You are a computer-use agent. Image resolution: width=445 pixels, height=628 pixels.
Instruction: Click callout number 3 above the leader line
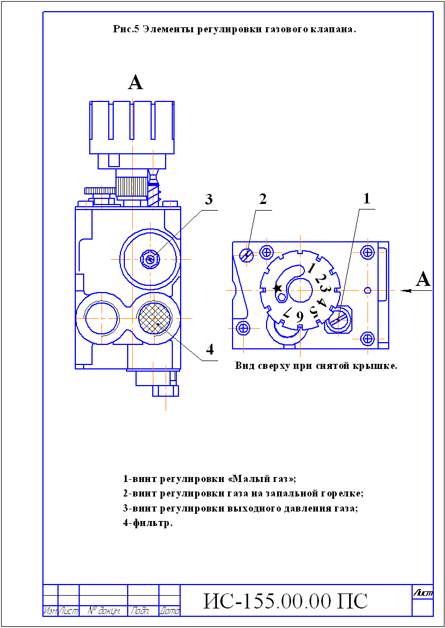tap(209, 200)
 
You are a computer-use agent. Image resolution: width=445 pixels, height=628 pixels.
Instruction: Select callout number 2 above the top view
tap(263, 199)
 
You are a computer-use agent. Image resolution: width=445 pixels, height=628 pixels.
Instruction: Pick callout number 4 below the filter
tap(210, 349)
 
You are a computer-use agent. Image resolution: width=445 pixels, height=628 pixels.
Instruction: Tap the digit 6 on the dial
tap(299, 317)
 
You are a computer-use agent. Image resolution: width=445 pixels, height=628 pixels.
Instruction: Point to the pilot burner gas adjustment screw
tap(247, 254)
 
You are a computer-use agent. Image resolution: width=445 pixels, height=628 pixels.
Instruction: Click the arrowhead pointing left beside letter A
tap(405, 291)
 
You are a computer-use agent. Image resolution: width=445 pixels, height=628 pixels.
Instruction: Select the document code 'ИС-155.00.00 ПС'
tap(286, 602)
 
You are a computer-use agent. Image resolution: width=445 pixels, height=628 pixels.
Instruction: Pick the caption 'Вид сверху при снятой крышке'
tap(316, 366)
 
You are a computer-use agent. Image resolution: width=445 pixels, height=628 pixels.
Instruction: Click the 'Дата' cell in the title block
tap(169, 611)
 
